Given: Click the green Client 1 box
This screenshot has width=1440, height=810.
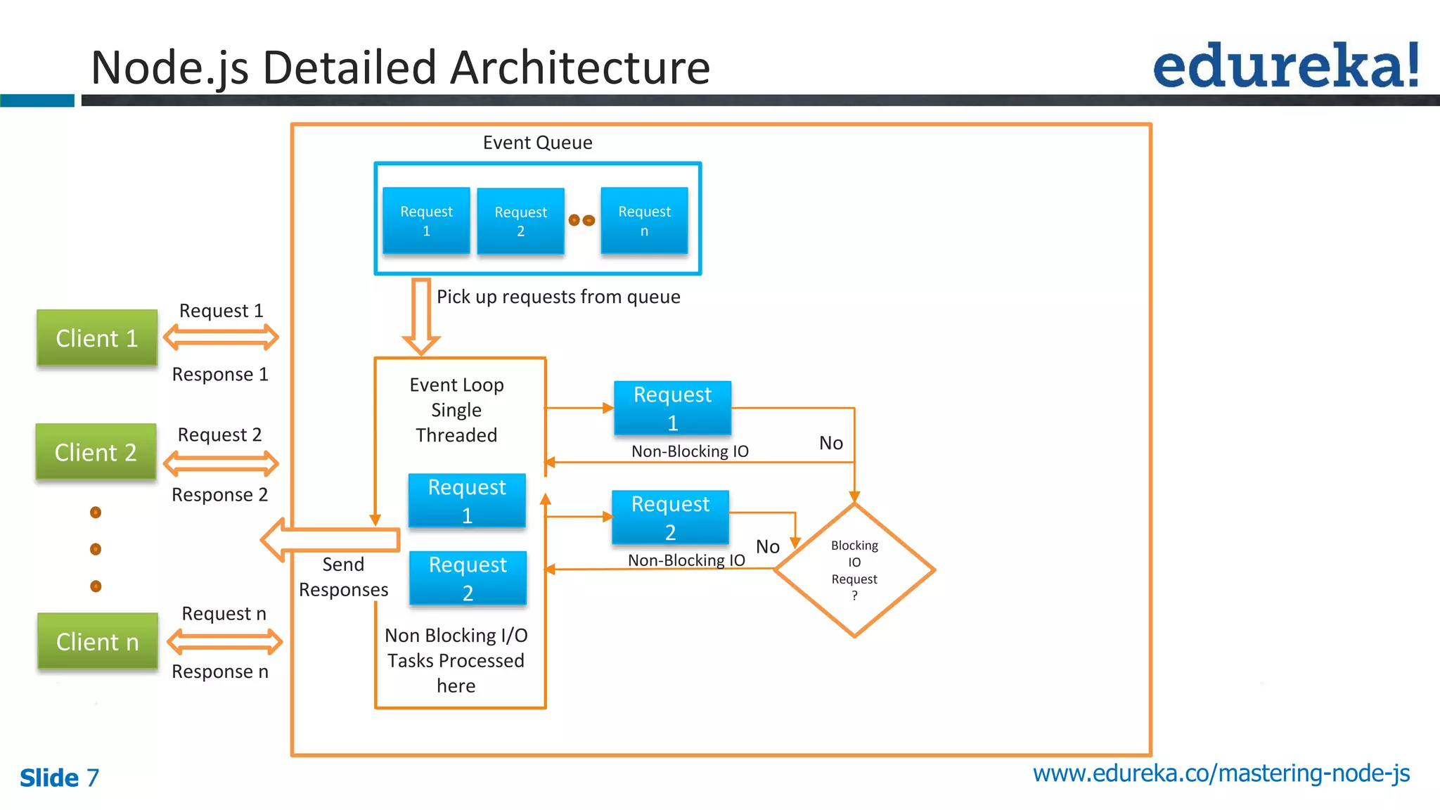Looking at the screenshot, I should tap(96, 338).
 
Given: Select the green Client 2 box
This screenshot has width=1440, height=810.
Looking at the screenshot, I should tap(96, 452).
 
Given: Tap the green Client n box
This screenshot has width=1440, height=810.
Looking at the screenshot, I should tap(97, 641).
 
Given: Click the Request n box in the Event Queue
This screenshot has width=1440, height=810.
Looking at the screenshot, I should tap(644, 221).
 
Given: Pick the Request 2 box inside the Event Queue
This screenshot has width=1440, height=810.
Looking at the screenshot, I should tap(520, 221).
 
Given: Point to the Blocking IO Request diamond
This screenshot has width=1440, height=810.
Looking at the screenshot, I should tap(854, 570).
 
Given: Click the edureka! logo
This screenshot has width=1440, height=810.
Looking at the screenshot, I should tap(1286, 66).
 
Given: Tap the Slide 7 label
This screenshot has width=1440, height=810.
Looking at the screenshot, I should tap(59, 778).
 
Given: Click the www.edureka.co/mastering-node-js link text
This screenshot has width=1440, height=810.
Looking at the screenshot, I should tap(1221, 773).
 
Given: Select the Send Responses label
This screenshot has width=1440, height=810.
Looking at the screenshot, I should tap(343, 577).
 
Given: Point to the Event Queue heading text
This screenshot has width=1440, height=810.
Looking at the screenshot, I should tap(537, 143).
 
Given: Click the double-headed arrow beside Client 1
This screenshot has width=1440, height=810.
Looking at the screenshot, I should tap(221, 337).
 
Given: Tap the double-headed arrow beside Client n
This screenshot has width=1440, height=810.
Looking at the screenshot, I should tap(224, 641).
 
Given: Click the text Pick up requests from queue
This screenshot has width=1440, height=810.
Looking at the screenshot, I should tap(558, 297).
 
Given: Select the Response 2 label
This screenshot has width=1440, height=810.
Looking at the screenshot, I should tap(219, 495).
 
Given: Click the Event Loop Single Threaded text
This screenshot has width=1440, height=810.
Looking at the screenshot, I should tap(456, 410).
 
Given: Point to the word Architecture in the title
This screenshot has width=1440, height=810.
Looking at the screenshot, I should tap(579, 68).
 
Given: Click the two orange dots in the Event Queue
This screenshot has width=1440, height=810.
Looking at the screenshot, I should tap(581, 221).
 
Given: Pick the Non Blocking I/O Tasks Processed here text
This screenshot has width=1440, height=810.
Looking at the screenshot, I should tap(456, 660).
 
